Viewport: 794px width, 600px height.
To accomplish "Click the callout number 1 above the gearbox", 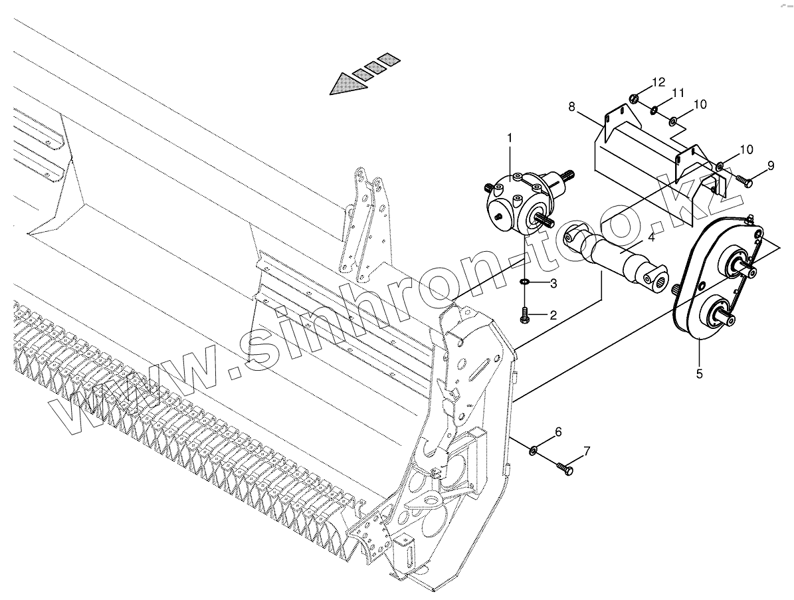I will coord(510,138).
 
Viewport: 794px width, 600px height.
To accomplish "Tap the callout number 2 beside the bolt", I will coord(552,315).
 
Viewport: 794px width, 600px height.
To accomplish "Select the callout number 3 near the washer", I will coord(552,284).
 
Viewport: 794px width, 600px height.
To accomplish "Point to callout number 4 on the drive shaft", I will coord(651,237).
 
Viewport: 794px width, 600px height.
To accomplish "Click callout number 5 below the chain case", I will coord(699,373).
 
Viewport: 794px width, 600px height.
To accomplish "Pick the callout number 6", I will coord(558,432).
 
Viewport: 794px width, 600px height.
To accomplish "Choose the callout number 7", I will coord(586,452).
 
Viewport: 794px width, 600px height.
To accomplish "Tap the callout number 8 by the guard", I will coord(573,106).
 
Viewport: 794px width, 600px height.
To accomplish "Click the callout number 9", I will coord(770,165).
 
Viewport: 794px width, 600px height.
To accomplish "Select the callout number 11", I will coord(678,94).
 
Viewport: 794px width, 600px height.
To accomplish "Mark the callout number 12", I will coord(658,83).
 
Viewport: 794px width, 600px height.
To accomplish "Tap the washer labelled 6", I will coord(534,452).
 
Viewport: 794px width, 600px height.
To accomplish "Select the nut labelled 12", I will coord(634,99).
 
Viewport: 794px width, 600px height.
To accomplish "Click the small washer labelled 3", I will coord(525,284).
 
